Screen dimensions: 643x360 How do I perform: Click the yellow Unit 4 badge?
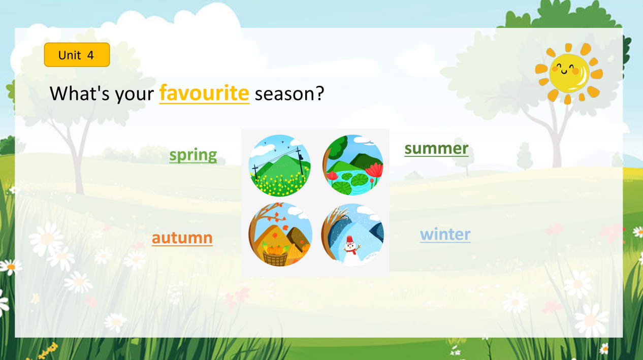[77, 55]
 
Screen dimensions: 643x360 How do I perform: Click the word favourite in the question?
[204, 93]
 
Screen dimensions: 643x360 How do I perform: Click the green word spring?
[193, 155]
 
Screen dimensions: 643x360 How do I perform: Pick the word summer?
[436, 149]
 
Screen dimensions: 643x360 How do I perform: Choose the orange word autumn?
[182, 238]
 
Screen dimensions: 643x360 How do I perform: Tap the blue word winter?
[445, 235]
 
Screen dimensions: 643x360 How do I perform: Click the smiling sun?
[569, 74]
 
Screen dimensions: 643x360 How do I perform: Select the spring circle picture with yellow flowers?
[279, 166]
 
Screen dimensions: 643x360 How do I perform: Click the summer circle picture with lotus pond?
[353, 165]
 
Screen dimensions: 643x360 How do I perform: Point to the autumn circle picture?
[280, 235]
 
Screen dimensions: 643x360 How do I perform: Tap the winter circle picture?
[353, 235]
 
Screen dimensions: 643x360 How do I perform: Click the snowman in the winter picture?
[351, 251]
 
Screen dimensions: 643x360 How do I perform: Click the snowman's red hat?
[349, 239]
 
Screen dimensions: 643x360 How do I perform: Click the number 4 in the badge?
[91, 55]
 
